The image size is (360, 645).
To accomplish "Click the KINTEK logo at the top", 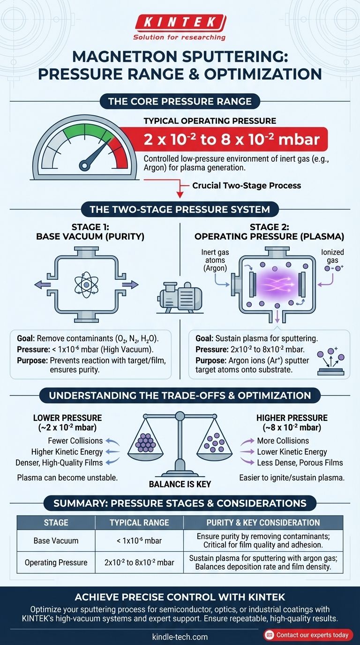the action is point(180,28).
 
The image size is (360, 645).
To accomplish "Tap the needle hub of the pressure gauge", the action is point(85,165).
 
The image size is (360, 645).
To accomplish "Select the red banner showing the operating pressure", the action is point(224,139).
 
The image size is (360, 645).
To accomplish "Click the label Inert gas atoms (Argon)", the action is point(215,260).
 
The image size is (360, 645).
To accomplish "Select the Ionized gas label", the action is point(333,256).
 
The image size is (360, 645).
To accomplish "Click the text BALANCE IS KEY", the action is point(180,484).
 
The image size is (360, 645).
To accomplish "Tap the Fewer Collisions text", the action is point(75,441).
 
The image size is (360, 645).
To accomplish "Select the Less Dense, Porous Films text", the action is point(300,463).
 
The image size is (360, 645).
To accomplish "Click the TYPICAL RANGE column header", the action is point(139,522).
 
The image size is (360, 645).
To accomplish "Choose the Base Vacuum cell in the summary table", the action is point(56,540).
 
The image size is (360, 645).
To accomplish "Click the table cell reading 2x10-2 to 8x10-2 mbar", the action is point(139,562).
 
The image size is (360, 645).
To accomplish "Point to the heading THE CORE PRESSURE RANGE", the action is point(180,101).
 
